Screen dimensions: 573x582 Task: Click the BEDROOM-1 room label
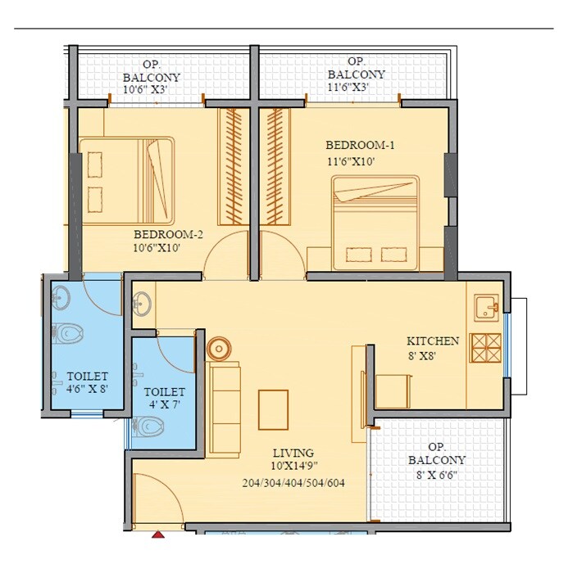pos(361,146)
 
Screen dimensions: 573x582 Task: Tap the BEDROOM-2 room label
pos(169,232)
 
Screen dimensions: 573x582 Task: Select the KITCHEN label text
pos(433,341)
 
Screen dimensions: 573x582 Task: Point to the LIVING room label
pos(294,453)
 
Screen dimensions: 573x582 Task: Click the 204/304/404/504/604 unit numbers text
pos(294,482)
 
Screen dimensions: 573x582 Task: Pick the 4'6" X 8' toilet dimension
pos(88,389)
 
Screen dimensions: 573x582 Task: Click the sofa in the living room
pos(224,399)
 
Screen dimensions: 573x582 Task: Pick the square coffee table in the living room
pos(273,409)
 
